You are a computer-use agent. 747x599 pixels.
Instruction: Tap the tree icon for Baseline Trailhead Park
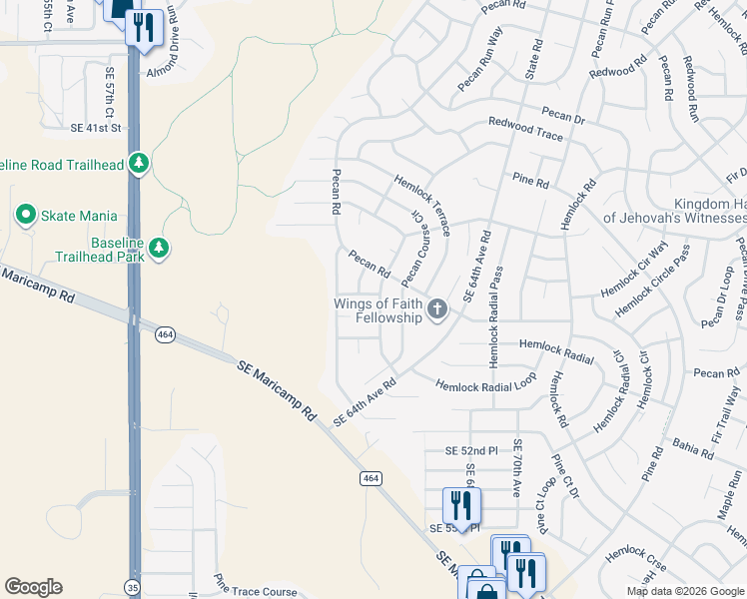[157, 247]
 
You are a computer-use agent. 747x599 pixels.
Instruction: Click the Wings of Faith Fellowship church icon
[436, 310]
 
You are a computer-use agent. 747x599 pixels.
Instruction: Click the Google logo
[33, 587]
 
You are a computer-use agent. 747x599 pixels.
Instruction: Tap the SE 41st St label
[95, 128]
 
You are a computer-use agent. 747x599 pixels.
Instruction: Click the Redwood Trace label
[525, 128]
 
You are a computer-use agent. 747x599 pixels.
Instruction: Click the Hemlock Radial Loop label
[485, 384]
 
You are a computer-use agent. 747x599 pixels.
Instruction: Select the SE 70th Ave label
[516, 468]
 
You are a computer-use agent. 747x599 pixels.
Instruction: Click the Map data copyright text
[685, 591]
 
